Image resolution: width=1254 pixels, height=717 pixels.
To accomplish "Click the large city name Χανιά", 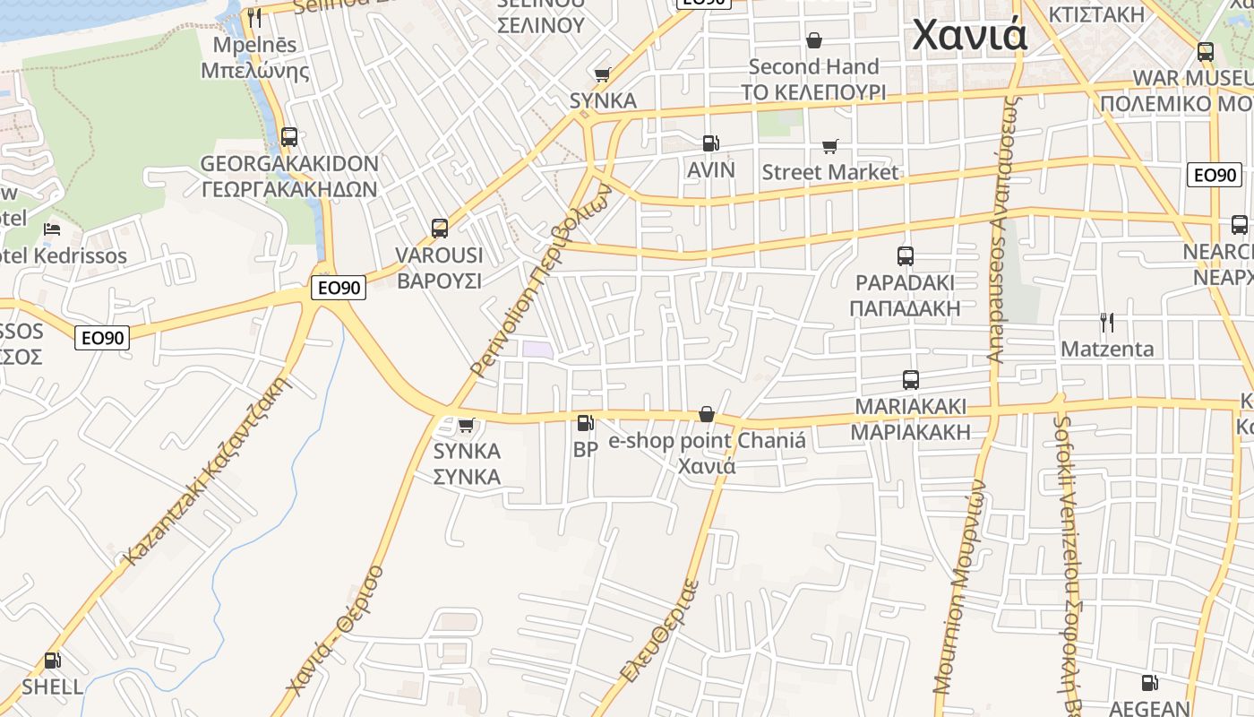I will coord(969,36).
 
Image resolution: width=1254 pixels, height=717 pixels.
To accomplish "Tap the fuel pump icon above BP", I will coord(585,422).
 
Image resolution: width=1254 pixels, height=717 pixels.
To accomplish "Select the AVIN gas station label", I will coord(710,170).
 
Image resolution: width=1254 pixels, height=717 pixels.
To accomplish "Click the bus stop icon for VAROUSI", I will coord(439,228).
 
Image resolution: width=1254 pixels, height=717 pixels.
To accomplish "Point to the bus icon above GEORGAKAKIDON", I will coord(288,137).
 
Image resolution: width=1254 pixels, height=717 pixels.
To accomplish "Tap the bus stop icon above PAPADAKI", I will coord(905,255).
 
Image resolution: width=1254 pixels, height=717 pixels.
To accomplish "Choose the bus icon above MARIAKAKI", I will coord(910,379).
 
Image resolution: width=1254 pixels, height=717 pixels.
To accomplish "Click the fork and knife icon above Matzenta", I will coord(1107,323).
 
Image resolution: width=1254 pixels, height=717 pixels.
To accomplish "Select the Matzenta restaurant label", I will coord(1107,349).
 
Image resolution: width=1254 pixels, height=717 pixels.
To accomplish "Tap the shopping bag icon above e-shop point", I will coord(706,414).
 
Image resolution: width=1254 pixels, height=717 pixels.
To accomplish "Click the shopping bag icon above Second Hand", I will coord(813,40).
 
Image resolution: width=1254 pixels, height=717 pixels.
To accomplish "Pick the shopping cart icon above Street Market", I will coord(829,146).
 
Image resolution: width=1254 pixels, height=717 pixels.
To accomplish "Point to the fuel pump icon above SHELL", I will coord(53,661).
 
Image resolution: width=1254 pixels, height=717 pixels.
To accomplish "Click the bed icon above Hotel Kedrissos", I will coord(51,229).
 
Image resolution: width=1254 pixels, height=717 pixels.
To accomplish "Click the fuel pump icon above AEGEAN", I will coord(1149,683).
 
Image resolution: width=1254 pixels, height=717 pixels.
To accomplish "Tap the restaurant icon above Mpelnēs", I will coord(254,17).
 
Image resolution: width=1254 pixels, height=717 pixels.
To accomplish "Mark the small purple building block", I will coord(537,350).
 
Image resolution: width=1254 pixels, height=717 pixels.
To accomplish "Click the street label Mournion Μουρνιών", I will coord(958,587).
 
